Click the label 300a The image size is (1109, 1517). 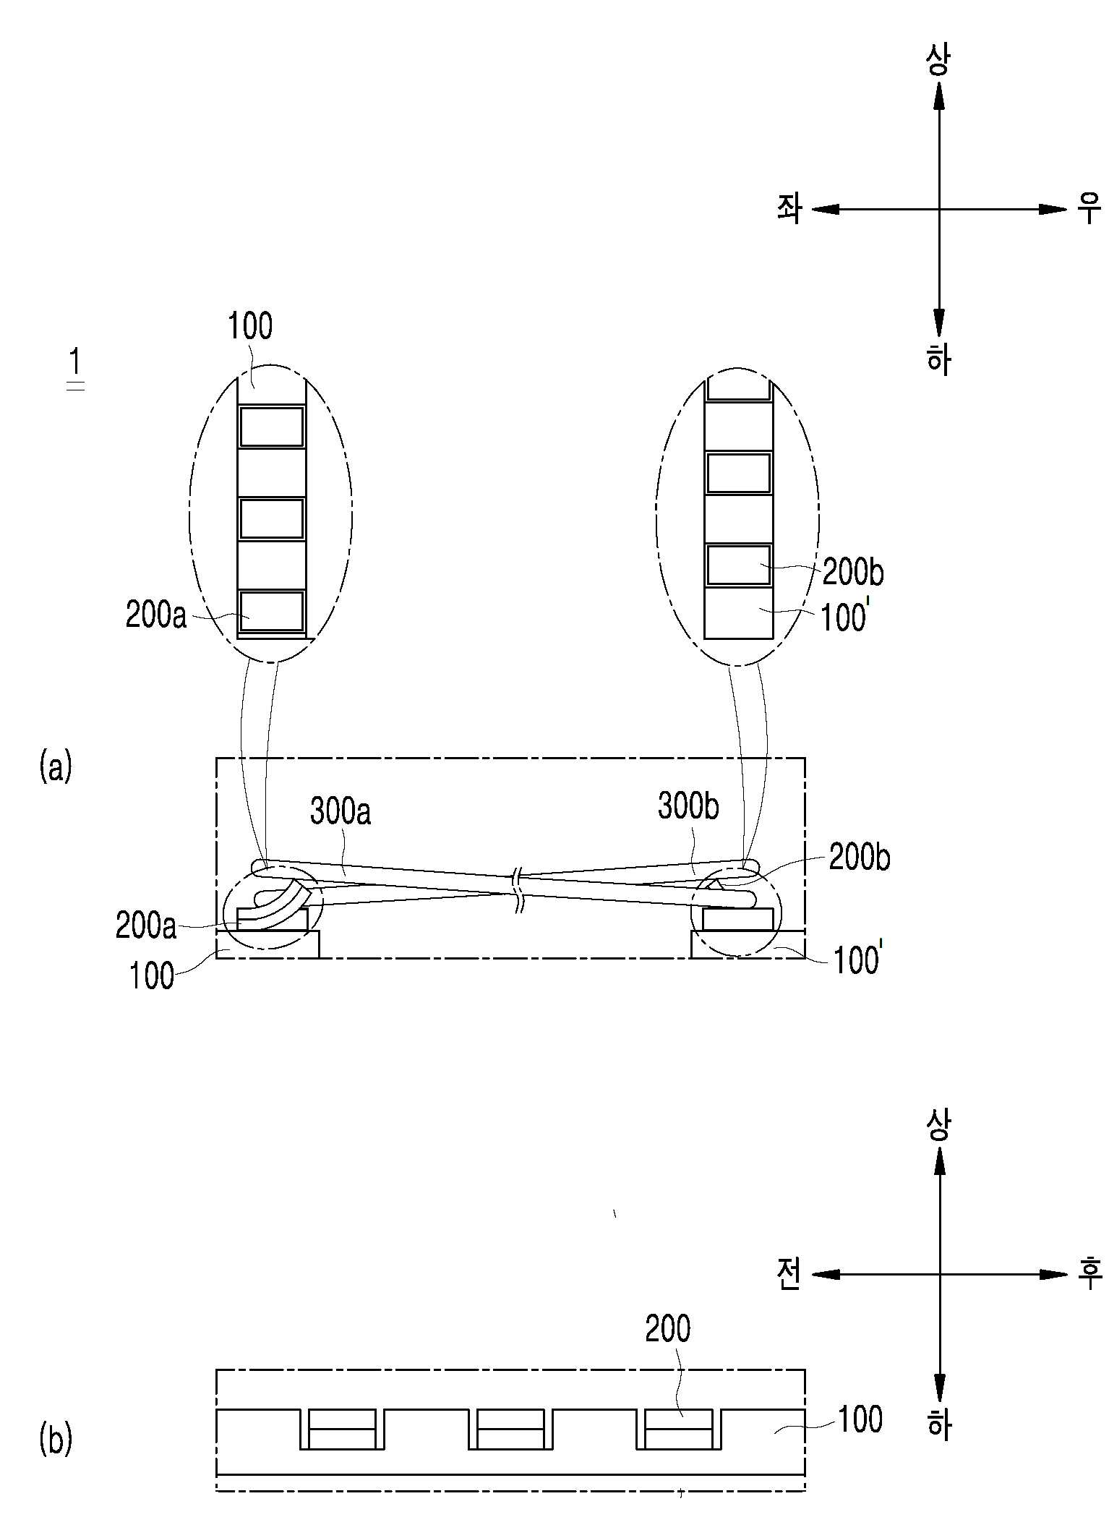tap(341, 811)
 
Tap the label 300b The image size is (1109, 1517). tap(688, 806)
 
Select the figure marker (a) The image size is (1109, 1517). tap(56, 766)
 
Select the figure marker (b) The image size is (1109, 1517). tap(56, 1439)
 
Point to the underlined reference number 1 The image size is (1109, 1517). tap(75, 362)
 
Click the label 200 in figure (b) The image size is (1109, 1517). tap(668, 1328)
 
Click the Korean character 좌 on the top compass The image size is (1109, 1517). tap(789, 210)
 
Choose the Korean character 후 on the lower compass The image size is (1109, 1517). tap(1089, 1273)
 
